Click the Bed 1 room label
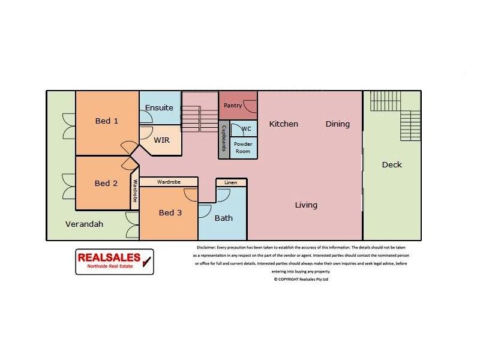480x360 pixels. pos(107,121)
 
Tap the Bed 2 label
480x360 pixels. pos(106,183)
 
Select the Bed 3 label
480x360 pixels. pos(170,212)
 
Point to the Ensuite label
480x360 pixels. pos(159,108)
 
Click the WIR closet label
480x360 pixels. pos(161,140)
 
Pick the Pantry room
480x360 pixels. pos(233,106)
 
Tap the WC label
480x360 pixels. pos(246,129)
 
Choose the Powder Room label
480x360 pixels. pos(242,148)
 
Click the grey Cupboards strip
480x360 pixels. pos(223,139)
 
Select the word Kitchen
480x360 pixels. pos(283,124)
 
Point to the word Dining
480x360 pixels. pos(337,124)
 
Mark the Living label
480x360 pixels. pos(306,205)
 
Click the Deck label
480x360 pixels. pos(392,164)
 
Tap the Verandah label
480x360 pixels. pos(84,224)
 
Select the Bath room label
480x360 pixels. pos(224,218)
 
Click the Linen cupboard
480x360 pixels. pos(230,182)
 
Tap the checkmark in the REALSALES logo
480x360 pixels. pos(145,260)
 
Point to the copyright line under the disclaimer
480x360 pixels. pos(301,279)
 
